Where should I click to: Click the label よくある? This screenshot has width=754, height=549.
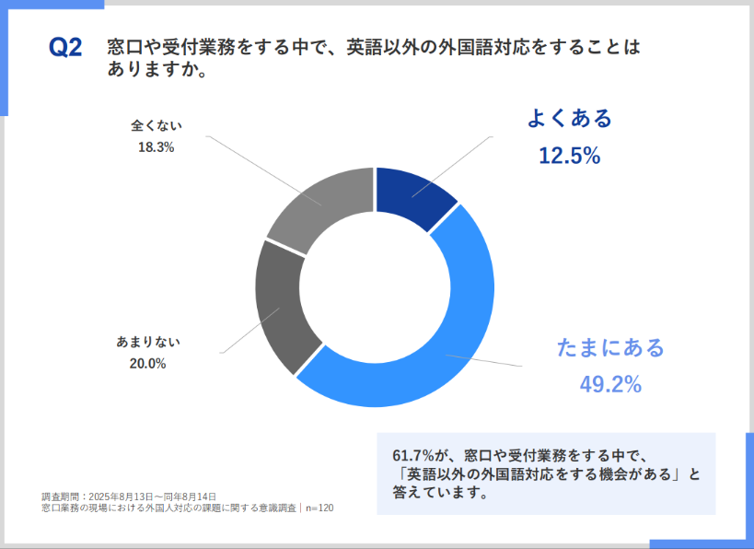(569, 118)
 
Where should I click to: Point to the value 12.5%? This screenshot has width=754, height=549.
(569, 156)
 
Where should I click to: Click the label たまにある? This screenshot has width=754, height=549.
(610, 348)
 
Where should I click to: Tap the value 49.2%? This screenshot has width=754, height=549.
(610, 385)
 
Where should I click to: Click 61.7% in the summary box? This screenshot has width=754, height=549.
(412, 456)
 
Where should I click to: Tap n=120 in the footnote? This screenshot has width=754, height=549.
(319, 508)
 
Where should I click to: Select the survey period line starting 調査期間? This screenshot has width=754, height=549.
(129, 496)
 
